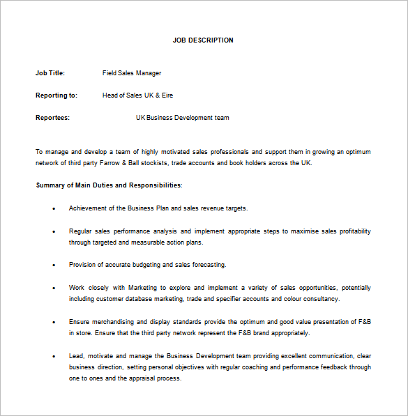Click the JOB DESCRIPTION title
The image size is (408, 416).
[x=203, y=40]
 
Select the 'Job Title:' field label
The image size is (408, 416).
[x=50, y=73]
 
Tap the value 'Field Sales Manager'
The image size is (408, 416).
[x=132, y=73]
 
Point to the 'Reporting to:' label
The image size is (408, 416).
[x=56, y=95]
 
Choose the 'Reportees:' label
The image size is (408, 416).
[x=52, y=118]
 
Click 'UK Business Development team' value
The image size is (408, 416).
[x=182, y=118]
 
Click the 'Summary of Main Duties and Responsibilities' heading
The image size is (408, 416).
[x=108, y=185]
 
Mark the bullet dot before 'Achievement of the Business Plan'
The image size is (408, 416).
[x=54, y=208]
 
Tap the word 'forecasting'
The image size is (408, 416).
[x=208, y=265]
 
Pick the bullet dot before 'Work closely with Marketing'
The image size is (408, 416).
[x=54, y=288]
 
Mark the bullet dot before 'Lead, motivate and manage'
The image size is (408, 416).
[x=54, y=356]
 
